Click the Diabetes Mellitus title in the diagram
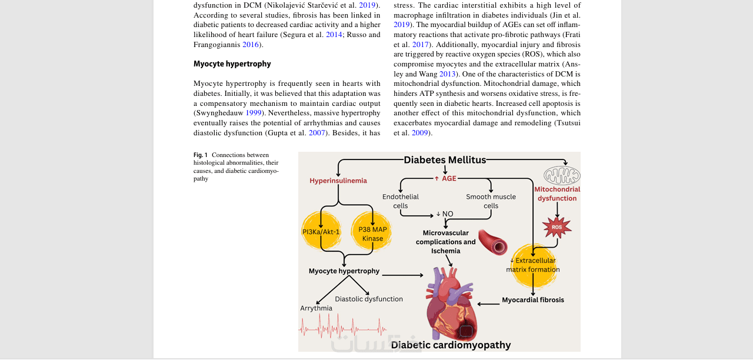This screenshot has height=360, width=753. click(445, 160)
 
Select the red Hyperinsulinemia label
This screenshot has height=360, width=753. click(338, 181)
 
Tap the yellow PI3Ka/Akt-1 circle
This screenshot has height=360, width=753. click(321, 232)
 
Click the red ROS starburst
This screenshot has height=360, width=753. click(557, 227)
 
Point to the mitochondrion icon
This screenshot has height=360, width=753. click(562, 175)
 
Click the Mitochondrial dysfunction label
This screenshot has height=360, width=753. click(557, 194)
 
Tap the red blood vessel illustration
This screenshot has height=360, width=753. click(493, 242)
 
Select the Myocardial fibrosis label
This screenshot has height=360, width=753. click(533, 300)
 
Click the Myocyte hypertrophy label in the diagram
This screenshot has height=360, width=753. click(344, 271)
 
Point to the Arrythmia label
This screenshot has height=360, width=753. click(316, 308)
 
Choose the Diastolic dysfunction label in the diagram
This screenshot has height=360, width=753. click(369, 299)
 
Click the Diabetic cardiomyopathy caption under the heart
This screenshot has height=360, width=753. click(451, 345)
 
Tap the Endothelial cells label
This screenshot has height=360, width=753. click(401, 201)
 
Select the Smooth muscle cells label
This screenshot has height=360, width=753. click(491, 201)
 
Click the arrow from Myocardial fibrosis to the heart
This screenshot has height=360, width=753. click(488, 304)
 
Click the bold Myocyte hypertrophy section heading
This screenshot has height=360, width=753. click(232, 64)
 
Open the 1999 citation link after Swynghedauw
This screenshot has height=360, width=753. click(254, 113)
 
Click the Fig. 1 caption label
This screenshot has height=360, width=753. click(201, 155)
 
